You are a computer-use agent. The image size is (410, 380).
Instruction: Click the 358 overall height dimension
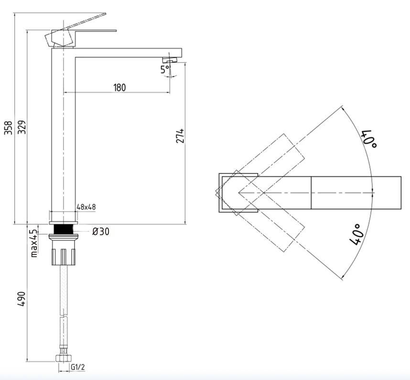coord(9,127)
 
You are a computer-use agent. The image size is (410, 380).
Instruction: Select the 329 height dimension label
coord(22,127)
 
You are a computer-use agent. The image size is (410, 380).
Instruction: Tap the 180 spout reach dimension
coord(119,87)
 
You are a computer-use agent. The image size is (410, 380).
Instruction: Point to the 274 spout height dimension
coord(180,136)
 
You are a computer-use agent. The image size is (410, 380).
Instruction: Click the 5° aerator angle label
coord(165,70)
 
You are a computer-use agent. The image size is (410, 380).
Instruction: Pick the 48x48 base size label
coord(86,207)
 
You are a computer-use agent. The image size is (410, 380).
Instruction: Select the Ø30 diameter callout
coord(101,232)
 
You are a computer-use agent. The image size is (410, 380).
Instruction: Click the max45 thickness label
coord(34,243)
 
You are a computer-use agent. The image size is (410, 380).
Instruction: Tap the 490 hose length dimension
coord(22,299)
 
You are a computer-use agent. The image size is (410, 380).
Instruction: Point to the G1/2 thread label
coord(78,367)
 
